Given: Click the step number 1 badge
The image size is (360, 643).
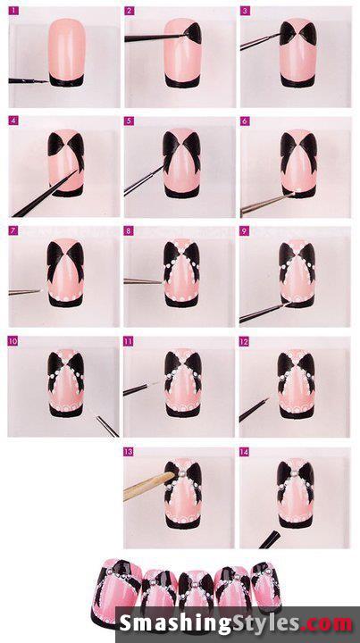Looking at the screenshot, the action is coord(13,11).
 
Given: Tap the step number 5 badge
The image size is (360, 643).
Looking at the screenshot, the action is coord(130,121).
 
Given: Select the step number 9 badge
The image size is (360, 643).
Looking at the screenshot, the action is coord(245,231).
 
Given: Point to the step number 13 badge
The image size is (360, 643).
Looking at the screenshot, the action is coord(129,452).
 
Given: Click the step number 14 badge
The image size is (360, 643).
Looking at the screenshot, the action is coord(245,452).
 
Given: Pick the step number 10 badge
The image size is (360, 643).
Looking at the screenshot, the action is coord(13,341).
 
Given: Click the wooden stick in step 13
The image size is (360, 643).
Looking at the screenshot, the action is coord(149,486).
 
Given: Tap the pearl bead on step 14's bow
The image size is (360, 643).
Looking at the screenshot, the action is coord(294,473).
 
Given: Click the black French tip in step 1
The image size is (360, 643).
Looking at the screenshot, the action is coord(66,80).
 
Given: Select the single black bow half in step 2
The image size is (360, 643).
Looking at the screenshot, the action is coord(193,33).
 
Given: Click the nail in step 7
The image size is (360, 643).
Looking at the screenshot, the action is coord(65,272).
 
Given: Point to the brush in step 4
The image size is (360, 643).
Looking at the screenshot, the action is coord(45,194).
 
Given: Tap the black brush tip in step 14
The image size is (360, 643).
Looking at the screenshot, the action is coord(270,539).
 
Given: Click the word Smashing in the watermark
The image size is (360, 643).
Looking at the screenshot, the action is coord(173,623).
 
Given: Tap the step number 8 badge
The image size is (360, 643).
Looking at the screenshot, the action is coord(129,231).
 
